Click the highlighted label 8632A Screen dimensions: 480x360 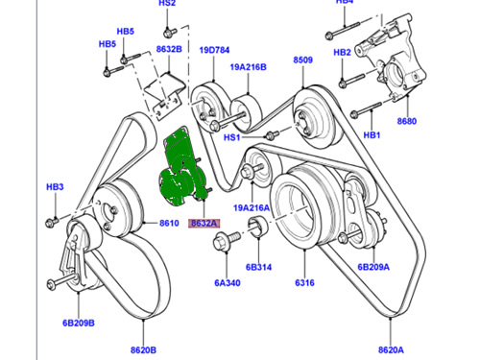point(204,223)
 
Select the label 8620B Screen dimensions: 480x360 point(143,350)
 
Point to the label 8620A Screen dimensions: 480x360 point(391,349)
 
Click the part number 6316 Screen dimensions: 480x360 point(304,283)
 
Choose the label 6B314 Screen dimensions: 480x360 point(258,267)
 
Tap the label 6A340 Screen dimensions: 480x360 point(228,283)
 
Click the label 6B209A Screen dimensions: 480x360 point(373,267)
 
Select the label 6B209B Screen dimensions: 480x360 point(79,323)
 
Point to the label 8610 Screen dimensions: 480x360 point(169,223)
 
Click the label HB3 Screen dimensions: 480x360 point(55,187)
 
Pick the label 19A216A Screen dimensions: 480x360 point(252,208)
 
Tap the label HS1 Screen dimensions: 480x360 point(231,137)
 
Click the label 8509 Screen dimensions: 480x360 point(303,60)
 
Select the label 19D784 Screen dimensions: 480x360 point(214,50)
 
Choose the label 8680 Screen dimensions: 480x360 point(407,121)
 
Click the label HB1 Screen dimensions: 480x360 point(372,135)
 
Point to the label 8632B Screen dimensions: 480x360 point(169,49)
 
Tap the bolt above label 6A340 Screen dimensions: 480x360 point(226,240)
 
